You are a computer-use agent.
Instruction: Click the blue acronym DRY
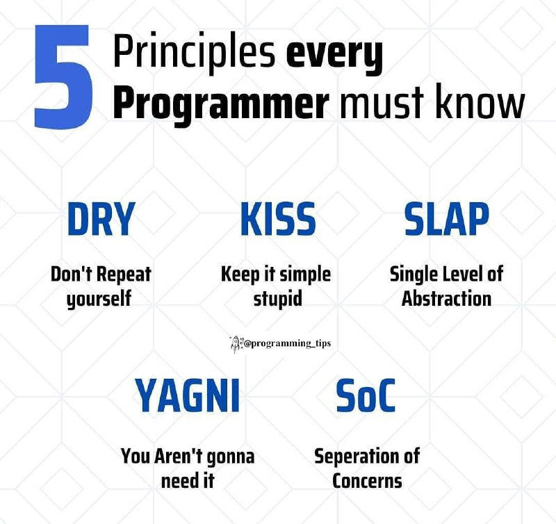101,219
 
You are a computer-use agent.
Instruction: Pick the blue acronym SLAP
447,219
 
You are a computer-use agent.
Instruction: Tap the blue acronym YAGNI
188,395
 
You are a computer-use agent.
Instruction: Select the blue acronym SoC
366,395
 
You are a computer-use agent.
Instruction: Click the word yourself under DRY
99,299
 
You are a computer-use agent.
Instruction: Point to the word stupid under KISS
277,299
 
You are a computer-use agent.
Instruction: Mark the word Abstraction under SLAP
446,298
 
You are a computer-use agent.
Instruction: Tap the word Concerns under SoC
367,481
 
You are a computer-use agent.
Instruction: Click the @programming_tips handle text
287,343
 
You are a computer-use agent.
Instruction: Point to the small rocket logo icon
236,344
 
